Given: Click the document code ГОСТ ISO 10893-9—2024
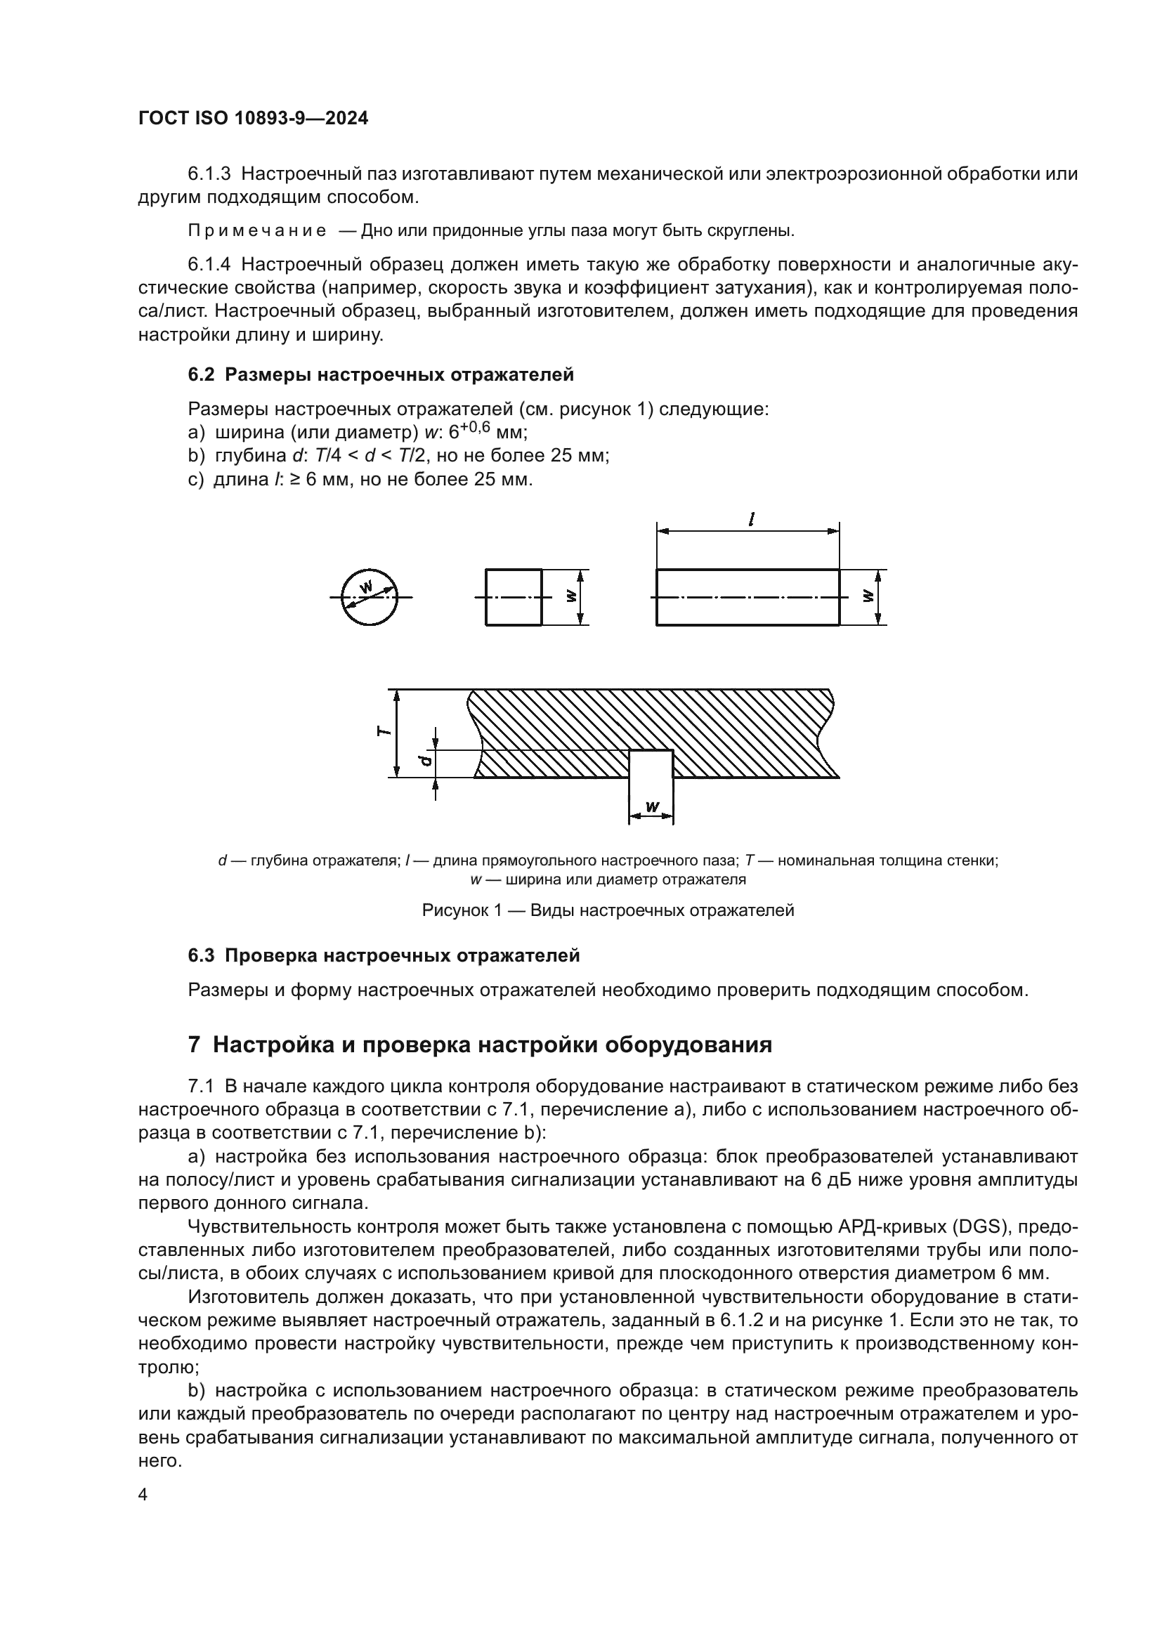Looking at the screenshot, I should pyautogui.click(x=253, y=119).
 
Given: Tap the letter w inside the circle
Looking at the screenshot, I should pyautogui.click(x=366, y=587).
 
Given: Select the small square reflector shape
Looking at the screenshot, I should pyautogui.click(x=513, y=597).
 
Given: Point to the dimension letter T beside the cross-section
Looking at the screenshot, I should pyautogui.click(x=384, y=731).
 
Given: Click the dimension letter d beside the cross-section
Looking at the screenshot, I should pyautogui.click(x=425, y=760).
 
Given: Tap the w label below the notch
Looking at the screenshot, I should pyautogui.click(x=652, y=806).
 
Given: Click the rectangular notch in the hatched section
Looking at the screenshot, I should pyautogui.click(x=651, y=764).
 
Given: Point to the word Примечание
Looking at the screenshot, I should pyautogui.click(x=257, y=231).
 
